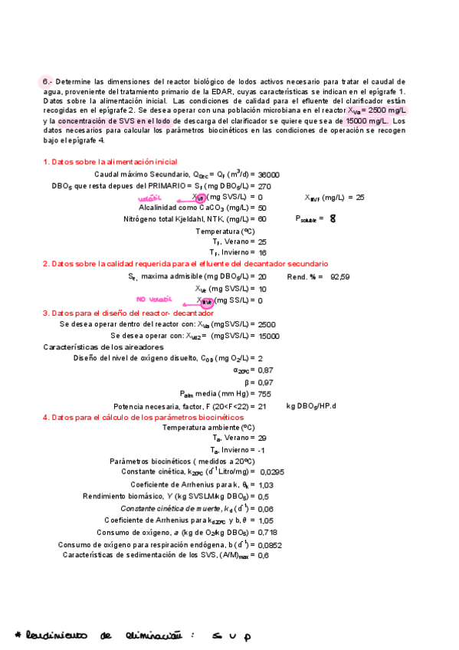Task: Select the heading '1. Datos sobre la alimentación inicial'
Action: [x=110, y=162]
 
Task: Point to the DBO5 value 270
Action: [x=265, y=185]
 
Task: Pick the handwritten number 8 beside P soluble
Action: [x=333, y=218]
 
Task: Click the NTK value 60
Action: [x=263, y=219]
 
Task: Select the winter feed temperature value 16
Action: [x=263, y=252]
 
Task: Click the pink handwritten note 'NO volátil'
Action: [x=151, y=299]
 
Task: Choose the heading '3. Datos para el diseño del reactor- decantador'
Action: [x=128, y=313]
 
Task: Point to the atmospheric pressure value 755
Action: [x=266, y=393]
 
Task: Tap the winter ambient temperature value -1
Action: [x=262, y=450]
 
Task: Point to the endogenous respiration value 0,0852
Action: [x=270, y=545]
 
